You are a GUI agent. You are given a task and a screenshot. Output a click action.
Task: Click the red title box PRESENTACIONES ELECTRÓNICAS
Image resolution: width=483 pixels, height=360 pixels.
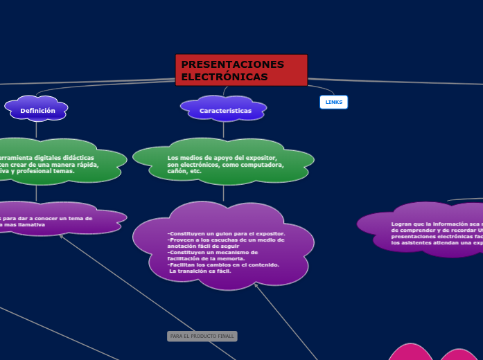241,70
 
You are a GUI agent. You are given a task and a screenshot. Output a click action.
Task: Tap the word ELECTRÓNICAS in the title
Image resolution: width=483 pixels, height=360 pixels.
224,77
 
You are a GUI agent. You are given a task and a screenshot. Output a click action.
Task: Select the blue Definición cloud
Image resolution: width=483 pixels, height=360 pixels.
37,110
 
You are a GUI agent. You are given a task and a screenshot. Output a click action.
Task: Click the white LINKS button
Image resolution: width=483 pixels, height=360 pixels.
333,102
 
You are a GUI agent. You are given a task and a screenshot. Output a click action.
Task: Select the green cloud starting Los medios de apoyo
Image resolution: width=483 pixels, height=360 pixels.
223,163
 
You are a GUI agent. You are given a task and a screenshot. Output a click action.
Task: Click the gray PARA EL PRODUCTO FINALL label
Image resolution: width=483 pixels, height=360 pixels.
202,336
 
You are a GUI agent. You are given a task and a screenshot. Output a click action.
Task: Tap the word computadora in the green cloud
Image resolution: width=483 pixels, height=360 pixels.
262,165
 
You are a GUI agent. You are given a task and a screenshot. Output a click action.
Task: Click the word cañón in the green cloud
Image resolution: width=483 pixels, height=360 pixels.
177,171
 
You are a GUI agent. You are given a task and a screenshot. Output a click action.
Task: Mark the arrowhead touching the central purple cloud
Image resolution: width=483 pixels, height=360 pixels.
256,284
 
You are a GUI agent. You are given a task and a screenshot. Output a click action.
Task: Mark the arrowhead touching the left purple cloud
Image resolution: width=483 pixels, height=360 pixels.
61,236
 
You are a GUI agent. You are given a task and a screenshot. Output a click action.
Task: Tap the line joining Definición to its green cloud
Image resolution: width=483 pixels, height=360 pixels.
36,129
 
